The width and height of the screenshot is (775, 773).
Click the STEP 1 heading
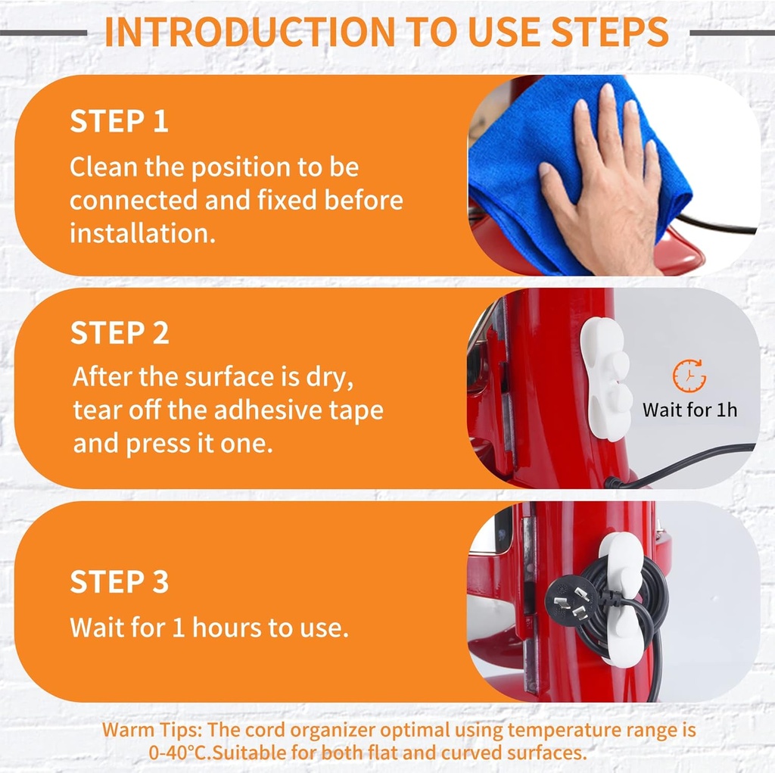tap(119, 121)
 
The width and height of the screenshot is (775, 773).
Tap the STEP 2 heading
tap(120, 333)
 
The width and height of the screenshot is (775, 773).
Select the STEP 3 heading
tap(120, 581)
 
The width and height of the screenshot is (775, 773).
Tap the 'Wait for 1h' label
tap(689, 410)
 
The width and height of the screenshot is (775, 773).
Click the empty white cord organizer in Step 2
tap(606, 379)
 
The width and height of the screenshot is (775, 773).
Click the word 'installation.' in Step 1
tap(143, 233)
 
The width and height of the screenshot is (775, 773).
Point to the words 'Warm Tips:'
tap(152, 730)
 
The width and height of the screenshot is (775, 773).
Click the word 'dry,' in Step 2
tap(330, 378)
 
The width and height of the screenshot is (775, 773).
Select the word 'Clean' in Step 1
tap(103, 167)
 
